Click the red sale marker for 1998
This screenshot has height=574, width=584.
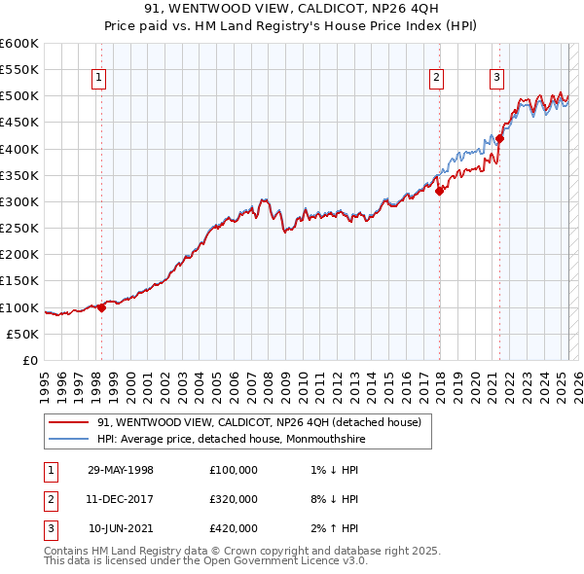(x=101, y=307)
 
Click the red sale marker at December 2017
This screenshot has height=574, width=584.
(x=439, y=191)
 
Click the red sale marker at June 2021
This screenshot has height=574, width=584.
(x=499, y=138)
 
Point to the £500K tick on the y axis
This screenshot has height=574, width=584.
(x=19, y=96)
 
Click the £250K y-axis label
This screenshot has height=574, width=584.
(x=19, y=229)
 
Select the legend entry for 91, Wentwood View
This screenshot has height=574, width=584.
(x=259, y=422)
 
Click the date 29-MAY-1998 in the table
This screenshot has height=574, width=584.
(x=121, y=470)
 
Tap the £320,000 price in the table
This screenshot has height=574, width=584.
(x=234, y=499)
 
